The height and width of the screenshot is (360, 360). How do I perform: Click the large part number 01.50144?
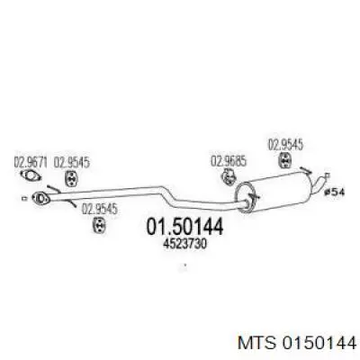[x=184, y=227]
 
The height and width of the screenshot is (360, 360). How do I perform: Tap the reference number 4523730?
[x=184, y=245]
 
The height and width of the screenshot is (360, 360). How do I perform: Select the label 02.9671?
[x=31, y=162]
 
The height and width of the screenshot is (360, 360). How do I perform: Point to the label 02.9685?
[x=229, y=161]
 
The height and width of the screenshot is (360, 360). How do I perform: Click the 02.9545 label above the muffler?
[x=285, y=145]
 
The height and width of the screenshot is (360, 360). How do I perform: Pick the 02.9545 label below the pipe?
[x=100, y=210]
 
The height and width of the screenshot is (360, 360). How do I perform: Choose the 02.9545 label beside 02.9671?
[x=72, y=162]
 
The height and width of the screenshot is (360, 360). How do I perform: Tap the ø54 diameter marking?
[x=335, y=192]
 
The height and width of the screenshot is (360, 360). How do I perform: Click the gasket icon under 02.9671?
[x=31, y=175]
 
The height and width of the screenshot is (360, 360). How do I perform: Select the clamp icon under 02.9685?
[x=229, y=176]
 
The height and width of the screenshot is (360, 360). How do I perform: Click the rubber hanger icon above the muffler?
[x=285, y=159]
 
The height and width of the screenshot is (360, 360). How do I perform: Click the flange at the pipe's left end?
[x=40, y=198]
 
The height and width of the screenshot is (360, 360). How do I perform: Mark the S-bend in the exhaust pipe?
[x=169, y=195]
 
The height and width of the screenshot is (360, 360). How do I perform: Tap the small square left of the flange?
[x=24, y=198]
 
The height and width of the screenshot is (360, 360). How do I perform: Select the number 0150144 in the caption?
[x=319, y=343]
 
